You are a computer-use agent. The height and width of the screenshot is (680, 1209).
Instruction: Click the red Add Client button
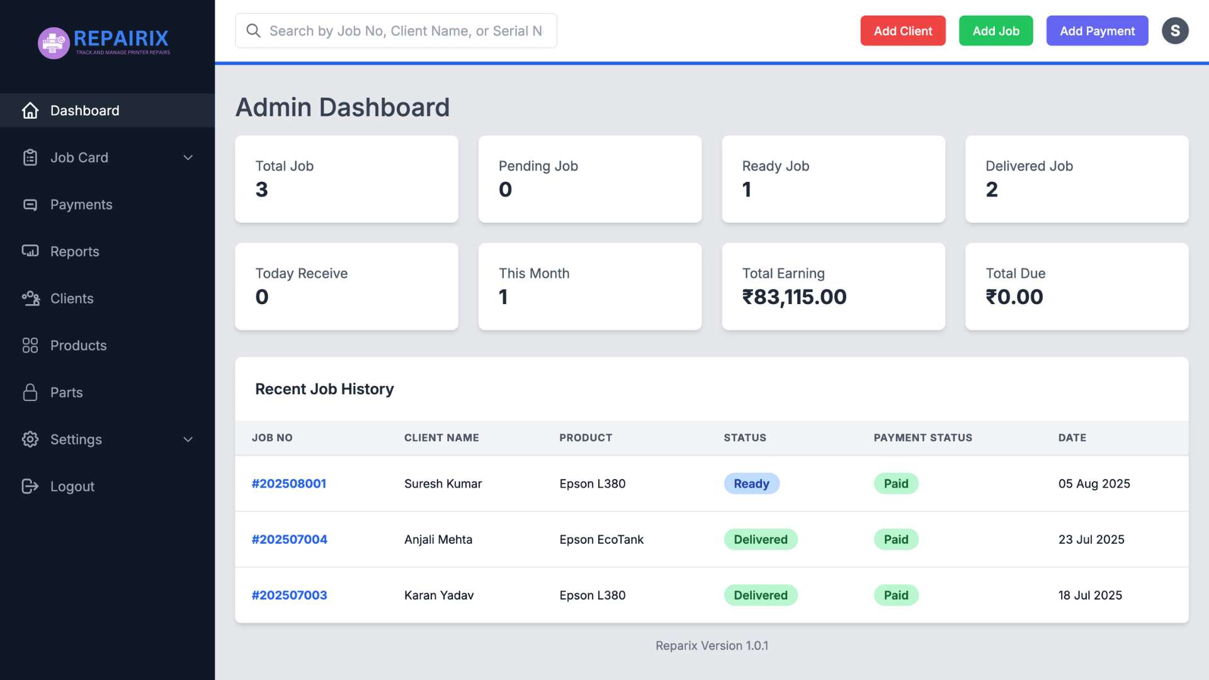pyautogui.click(x=902, y=31)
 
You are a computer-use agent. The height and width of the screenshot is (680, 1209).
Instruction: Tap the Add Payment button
pyautogui.click(x=1097, y=31)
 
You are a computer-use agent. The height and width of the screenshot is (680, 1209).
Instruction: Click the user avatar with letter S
pyautogui.click(x=1174, y=31)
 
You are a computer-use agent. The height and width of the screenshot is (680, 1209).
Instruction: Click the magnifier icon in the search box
pyautogui.click(x=253, y=31)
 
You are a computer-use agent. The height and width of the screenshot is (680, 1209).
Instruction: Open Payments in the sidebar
pyautogui.click(x=81, y=205)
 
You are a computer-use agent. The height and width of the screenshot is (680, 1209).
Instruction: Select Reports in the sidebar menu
pyautogui.click(x=74, y=251)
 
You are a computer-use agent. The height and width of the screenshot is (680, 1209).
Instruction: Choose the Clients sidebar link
pyautogui.click(x=71, y=298)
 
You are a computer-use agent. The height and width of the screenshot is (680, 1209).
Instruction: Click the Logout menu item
pyautogui.click(x=72, y=486)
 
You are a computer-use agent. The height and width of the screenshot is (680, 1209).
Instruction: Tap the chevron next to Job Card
pyautogui.click(x=188, y=157)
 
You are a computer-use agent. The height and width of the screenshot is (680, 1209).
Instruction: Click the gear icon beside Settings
pyautogui.click(x=30, y=439)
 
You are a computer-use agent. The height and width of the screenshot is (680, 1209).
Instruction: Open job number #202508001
pyautogui.click(x=289, y=484)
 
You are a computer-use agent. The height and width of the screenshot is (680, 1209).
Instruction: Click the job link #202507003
pyautogui.click(x=289, y=595)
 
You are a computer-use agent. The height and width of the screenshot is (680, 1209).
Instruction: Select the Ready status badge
pyautogui.click(x=751, y=484)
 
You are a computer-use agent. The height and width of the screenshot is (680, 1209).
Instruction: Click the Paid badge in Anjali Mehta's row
pyautogui.click(x=895, y=540)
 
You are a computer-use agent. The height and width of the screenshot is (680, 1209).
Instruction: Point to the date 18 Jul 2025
pyautogui.click(x=1090, y=595)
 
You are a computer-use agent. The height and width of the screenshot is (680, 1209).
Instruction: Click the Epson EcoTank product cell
pyautogui.click(x=601, y=540)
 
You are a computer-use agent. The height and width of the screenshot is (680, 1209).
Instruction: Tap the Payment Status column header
pyautogui.click(x=922, y=438)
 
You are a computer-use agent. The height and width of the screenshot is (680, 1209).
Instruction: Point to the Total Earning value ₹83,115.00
pyautogui.click(x=794, y=297)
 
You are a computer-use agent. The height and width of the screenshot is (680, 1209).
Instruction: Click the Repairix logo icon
pyautogui.click(x=54, y=43)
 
